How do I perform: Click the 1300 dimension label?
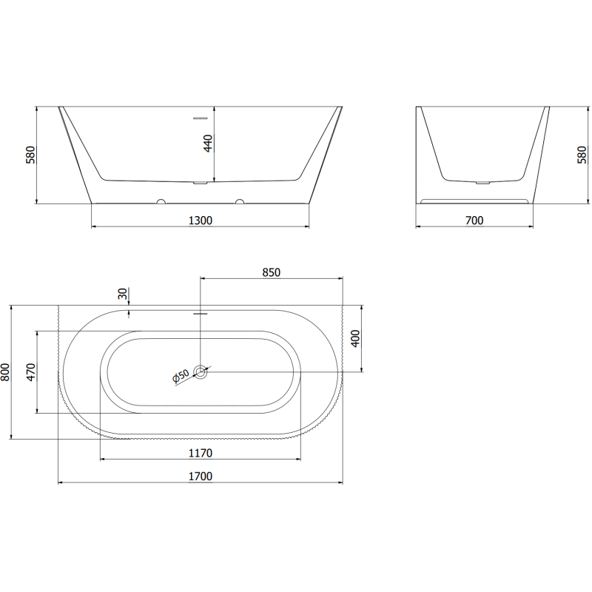201,220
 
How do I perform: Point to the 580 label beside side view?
582,155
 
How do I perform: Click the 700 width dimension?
474,220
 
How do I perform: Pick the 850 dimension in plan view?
271,272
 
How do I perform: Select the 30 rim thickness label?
122,294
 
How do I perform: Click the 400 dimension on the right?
354,340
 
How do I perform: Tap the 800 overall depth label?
6,371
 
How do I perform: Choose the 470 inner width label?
30,371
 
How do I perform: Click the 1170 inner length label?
201,453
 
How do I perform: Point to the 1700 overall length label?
201,477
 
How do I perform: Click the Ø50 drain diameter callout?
181,377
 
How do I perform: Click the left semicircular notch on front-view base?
160,201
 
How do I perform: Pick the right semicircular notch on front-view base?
239,201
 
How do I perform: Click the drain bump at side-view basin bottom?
482,181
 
